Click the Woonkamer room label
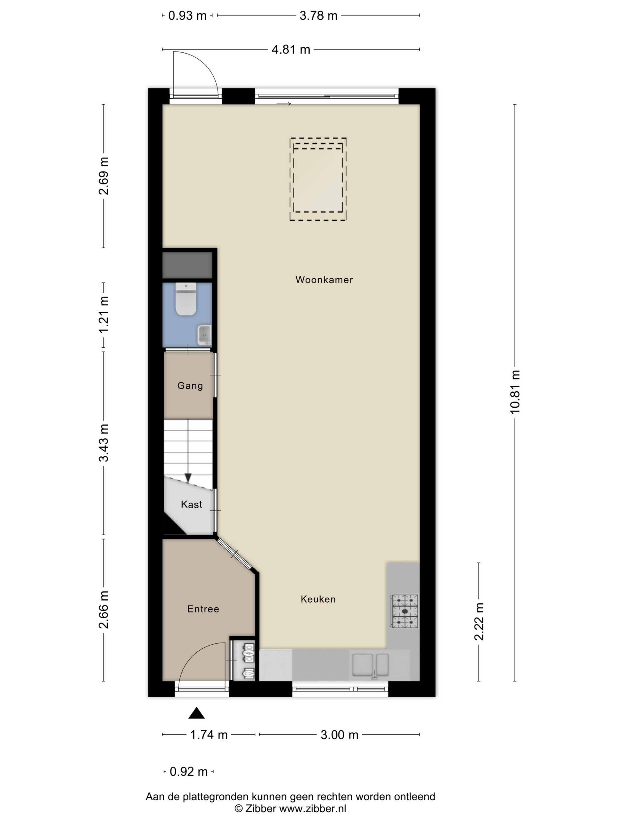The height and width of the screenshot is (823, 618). (324, 280)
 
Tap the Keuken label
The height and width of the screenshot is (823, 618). (318, 599)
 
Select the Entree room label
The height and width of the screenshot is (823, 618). (203, 609)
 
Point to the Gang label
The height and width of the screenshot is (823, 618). (190, 386)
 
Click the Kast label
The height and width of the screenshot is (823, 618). (192, 504)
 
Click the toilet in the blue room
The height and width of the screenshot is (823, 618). (186, 299)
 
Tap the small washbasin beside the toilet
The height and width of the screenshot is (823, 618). (204, 335)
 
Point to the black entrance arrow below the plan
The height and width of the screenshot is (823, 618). (196, 713)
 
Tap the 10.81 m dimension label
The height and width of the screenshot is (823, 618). (514, 392)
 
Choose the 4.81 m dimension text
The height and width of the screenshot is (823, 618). (291, 49)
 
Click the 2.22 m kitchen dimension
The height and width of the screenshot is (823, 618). (479, 622)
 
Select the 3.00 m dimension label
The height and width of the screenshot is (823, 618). (339, 735)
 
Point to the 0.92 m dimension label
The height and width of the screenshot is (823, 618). (189, 772)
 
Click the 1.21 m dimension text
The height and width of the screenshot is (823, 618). (104, 315)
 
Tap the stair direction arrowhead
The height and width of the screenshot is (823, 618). (188, 478)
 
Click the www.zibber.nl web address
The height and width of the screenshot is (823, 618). (313, 809)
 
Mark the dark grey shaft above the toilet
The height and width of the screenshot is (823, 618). (187, 265)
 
